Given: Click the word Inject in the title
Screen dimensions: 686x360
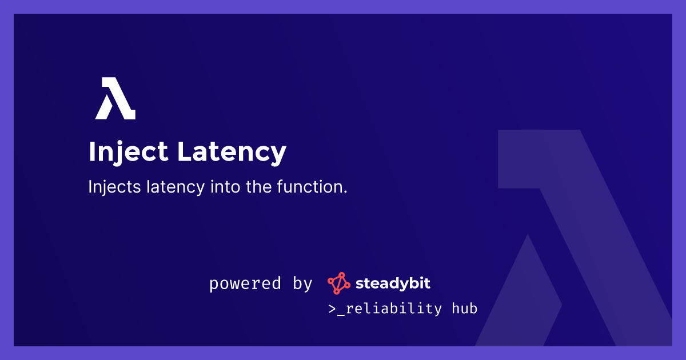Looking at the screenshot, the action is (129, 152).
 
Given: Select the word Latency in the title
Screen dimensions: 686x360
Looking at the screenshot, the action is (232, 152).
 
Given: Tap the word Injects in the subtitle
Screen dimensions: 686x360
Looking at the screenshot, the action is (114, 187).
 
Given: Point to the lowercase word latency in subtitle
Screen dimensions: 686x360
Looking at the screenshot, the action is (176, 187).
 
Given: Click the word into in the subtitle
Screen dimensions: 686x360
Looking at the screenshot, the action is (225, 186).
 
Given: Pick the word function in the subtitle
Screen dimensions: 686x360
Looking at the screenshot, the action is (310, 186).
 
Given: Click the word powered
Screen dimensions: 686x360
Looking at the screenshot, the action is (245, 283).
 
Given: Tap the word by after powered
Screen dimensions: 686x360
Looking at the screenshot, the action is (302, 283).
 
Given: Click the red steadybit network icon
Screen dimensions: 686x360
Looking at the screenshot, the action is (338, 283).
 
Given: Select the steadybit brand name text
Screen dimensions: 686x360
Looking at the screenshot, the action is (393, 283).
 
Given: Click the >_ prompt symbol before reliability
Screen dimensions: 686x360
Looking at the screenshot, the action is (337, 309).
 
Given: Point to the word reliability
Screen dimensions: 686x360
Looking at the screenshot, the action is (394, 309).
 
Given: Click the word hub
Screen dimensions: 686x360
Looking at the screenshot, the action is (465, 308).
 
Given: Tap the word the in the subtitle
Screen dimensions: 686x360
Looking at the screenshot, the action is (259, 186).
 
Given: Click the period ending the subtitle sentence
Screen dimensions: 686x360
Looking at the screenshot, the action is (345, 192).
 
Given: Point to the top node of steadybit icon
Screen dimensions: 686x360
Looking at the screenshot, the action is (341, 275).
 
